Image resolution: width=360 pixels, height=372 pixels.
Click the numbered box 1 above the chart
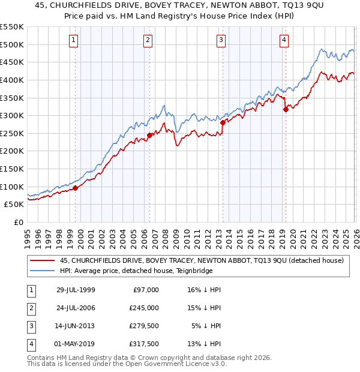click(x=73, y=40)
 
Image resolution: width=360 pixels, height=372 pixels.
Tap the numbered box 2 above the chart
click(x=148, y=40)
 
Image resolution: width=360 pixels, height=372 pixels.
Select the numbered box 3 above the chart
click(x=221, y=40)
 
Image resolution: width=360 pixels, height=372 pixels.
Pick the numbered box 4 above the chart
click(x=283, y=40)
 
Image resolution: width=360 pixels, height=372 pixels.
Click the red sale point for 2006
click(x=149, y=135)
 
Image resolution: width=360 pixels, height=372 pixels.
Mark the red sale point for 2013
click(x=223, y=122)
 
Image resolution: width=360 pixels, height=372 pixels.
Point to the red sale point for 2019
click(x=285, y=109)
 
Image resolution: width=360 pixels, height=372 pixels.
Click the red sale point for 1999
click(x=76, y=188)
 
